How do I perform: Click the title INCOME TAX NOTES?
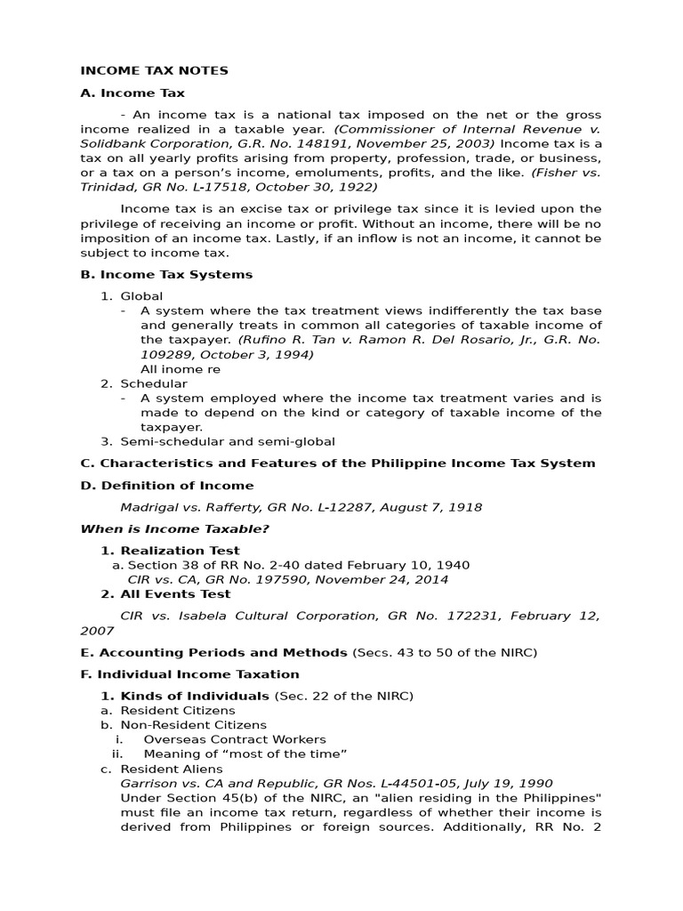point(154,70)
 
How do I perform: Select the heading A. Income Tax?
point(133,93)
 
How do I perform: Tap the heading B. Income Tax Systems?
point(166,274)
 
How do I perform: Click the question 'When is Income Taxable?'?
point(175,529)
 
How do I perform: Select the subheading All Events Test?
point(175,593)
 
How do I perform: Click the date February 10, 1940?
point(410,565)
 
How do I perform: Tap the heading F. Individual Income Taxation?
point(189,674)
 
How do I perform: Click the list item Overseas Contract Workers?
point(235,739)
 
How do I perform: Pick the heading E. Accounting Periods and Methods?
point(213,652)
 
